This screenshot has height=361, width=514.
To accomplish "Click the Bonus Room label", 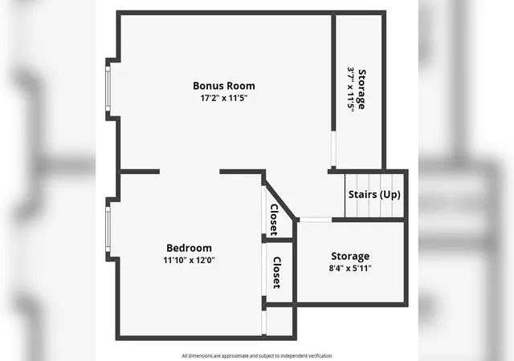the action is point(224,86).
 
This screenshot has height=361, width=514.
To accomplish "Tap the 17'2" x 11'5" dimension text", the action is point(224,98).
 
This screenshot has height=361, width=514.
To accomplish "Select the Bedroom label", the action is point(190,248).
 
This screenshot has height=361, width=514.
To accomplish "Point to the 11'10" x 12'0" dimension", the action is point(190,260).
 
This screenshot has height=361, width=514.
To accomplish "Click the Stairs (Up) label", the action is point(374,195).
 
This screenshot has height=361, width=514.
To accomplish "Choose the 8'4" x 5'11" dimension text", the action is point(350,268).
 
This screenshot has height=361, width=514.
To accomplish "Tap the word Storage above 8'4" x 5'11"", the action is point(350,256).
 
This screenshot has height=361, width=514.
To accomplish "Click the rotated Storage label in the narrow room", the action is point(361,89).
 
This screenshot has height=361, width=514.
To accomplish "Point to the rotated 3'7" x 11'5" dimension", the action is point(350,89).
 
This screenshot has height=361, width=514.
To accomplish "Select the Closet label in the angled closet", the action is point(274,220).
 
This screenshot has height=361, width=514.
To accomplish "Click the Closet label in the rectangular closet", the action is point(277,273).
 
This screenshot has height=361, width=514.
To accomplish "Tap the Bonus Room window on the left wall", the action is point(108,89).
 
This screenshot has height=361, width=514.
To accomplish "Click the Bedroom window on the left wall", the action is point(108,229).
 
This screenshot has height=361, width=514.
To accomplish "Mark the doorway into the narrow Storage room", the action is point(333,149).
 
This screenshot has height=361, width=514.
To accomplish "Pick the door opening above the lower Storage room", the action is point(316,220).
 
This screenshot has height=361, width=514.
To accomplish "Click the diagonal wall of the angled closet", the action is point(279,200).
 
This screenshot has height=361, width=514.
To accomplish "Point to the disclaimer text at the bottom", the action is point(257,355).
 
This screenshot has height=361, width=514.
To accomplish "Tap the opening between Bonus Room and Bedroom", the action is point(190,172).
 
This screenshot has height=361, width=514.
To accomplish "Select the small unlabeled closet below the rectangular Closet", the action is point(279,322).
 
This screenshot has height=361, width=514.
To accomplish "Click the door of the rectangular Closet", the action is point(264,270).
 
